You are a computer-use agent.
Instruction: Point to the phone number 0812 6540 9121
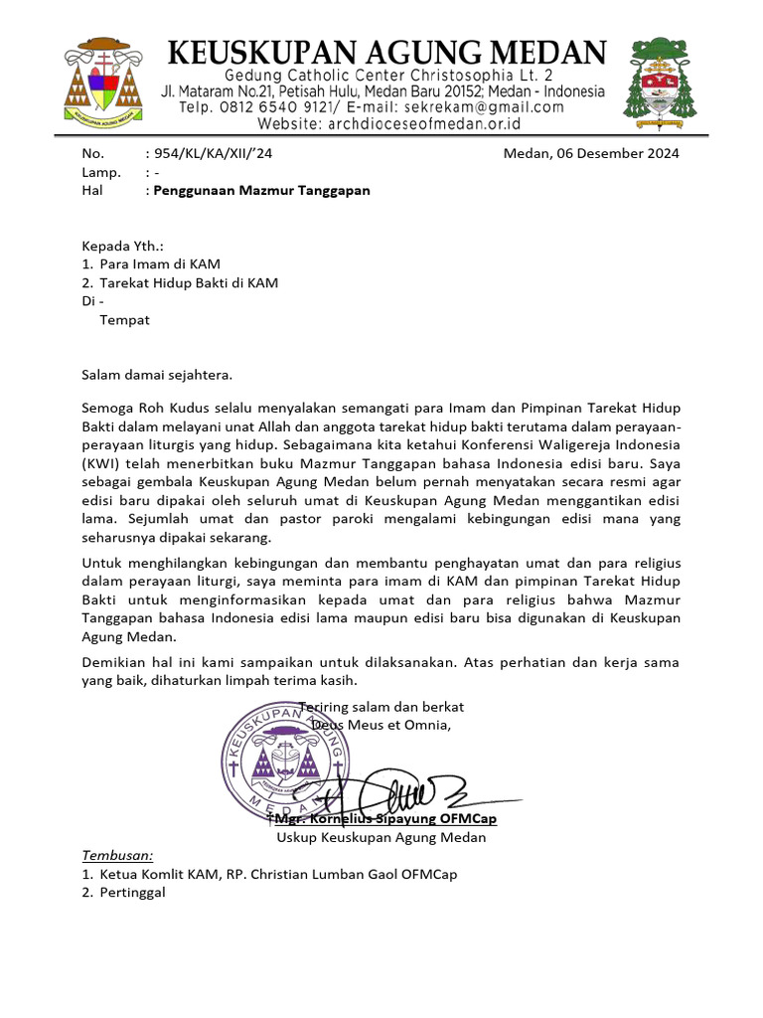click(266, 107)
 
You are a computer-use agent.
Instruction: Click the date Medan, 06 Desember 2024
click(591, 153)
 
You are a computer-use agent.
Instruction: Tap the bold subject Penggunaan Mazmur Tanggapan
click(261, 190)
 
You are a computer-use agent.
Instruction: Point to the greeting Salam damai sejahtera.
click(156, 375)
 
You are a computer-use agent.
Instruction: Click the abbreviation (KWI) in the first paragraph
click(103, 464)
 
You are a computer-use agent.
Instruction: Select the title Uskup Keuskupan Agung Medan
click(381, 837)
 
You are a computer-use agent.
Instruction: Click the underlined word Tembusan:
click(117, 855)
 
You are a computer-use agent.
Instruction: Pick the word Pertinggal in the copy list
click(132, 892)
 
